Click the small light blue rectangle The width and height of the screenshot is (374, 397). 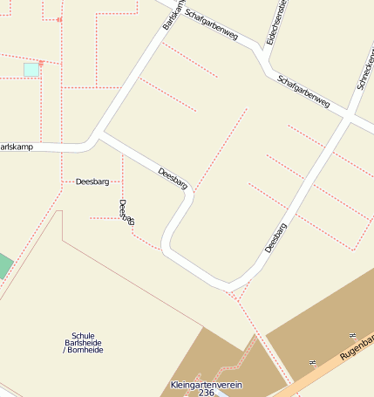pyautogui.click(x=31, y=69)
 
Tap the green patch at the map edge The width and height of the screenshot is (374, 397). pyautogui.click(x=4, y=265)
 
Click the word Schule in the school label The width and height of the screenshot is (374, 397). pyautogui.click(x=83, y=336)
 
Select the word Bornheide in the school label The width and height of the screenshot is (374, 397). pyautogui.click(x=85, y=350)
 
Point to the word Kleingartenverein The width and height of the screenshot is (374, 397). pyautogui.click(x=207, y=385)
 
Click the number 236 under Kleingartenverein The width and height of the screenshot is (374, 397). pyautogui.click(x=207, y=394)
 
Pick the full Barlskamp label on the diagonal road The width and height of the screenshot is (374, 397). pyautogui.click(x=173, y=15)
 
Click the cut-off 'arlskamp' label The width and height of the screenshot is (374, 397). pyautogui.click(x=17, y=147)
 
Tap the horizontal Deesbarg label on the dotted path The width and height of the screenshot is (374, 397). pyautogui.click(x=92, y=182)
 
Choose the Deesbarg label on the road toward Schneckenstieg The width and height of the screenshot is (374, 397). pyautogui.click(x=275, y=238)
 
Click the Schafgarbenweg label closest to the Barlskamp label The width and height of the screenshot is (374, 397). pyautogui.click(x=212, y=29)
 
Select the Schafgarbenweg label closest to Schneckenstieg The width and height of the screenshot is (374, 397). pyautogui.click(x=303, y=92)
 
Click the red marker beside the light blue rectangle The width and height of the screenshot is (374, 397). pyautogui.click(x=42, y=63)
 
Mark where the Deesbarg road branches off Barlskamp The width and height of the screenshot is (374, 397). pyautogui.click(x=99, y=135)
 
